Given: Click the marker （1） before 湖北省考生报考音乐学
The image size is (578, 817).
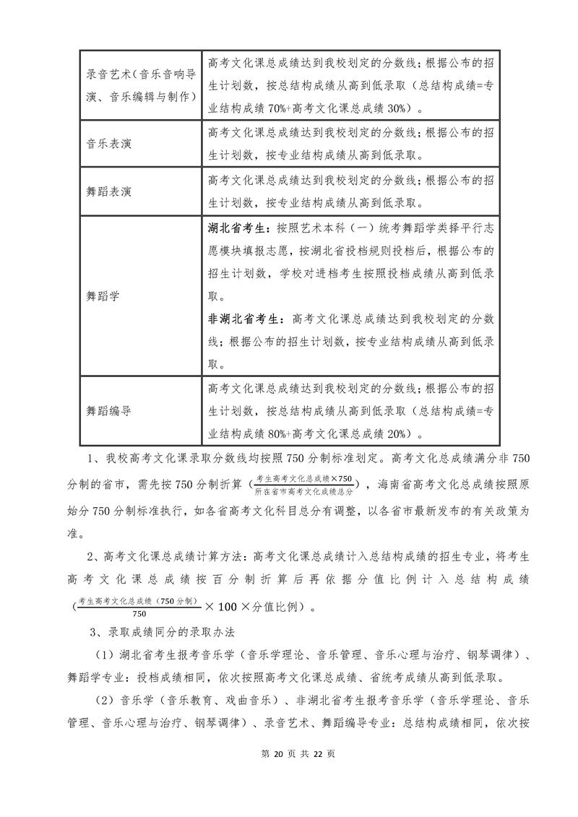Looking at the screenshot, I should click(106, 655).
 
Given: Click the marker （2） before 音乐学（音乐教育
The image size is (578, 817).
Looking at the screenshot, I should click(106, 700).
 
